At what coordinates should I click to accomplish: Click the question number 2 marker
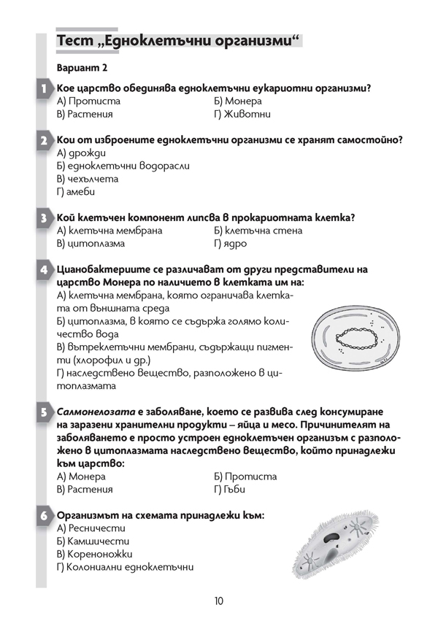click(44, 140)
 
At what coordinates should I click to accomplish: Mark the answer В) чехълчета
click(87, 179)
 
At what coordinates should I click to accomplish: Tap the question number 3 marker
click(44, 217)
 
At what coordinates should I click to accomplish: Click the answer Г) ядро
click(231, 244)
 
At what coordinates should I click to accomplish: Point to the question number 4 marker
click(44, 269)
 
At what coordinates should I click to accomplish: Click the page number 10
click(219, 601)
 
